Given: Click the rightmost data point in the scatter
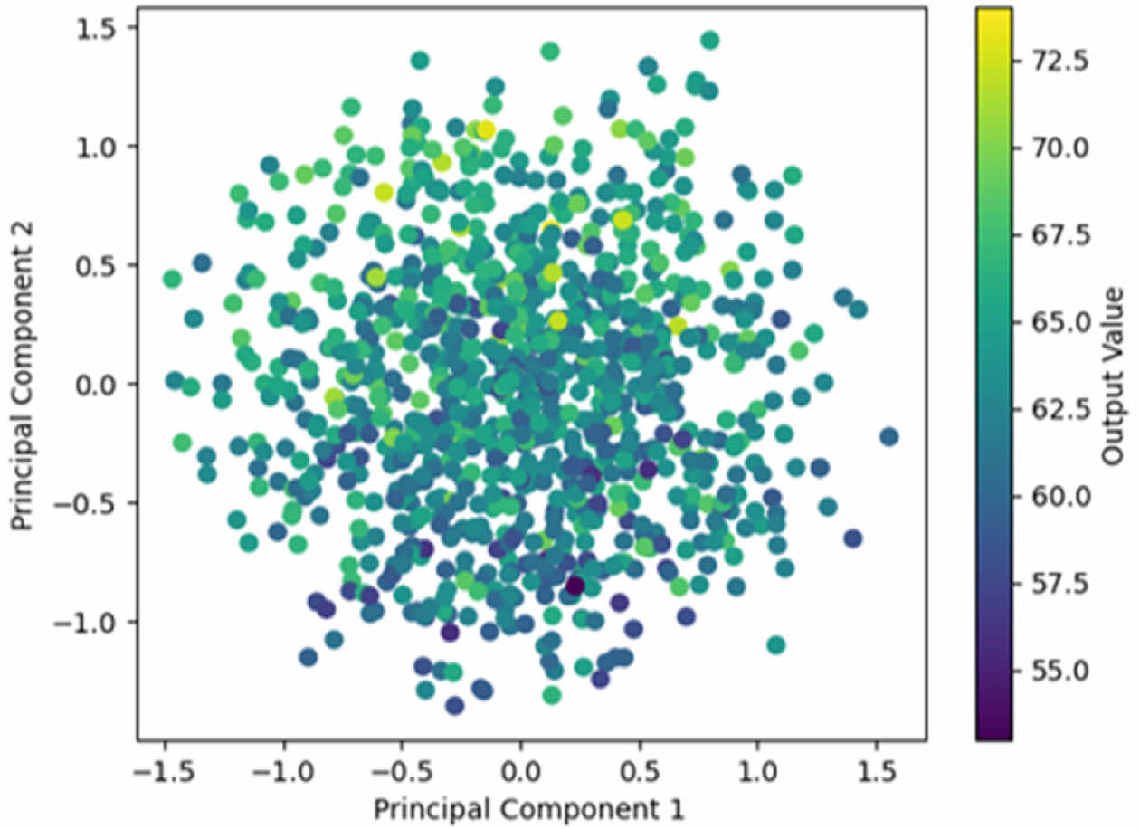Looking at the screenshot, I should [x=888, y=436].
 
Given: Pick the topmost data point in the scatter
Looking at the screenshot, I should [x=709, y=40].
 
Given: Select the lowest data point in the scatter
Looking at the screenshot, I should [x=455, y=706].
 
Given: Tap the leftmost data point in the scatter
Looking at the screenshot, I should [x=172, y=279].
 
